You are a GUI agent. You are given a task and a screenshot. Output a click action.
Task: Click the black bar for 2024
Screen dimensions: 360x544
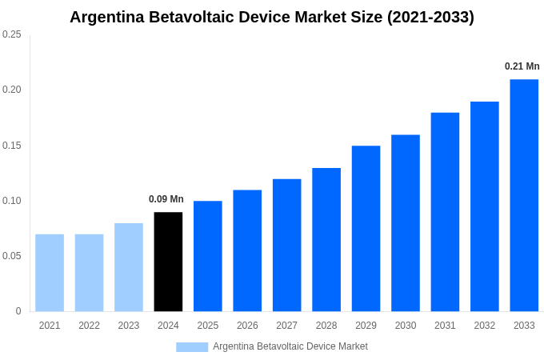pos(168,262)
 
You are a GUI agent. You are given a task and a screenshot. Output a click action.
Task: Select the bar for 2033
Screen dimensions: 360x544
pos(524,195)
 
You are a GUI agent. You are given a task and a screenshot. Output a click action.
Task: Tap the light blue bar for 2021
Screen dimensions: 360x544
pos(50,273)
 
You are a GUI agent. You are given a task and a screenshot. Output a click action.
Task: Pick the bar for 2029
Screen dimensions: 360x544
pos(366,229)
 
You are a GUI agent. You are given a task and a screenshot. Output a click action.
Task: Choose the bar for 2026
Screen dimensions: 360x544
pos(247,250)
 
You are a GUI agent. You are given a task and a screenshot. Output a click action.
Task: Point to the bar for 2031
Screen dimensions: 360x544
pos(445,212)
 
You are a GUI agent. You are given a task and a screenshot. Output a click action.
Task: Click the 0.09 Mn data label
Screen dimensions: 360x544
pos(166,199)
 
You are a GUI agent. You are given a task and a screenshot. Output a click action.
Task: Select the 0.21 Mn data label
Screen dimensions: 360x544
pos(522,66)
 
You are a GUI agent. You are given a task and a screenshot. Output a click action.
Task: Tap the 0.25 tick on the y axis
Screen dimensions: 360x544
pos(12,34)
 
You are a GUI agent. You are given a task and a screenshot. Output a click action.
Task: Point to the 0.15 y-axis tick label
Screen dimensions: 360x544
pos(12,146)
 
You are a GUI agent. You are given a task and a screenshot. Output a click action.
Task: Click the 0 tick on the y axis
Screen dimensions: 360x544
pos(18,311)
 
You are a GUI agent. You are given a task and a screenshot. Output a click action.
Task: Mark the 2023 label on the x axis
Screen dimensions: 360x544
pos(129,326)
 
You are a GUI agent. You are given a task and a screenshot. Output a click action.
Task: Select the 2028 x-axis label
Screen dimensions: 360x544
pos(326,326)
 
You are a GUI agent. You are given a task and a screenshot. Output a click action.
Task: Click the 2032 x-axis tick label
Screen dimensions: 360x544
pos(485,326)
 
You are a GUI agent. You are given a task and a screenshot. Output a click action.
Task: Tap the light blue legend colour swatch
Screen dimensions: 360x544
pos(192,346)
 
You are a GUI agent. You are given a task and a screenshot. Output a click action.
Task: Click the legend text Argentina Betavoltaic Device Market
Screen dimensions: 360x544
pos(290,346)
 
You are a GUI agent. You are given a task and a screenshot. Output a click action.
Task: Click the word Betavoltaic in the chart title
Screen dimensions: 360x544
pos(189,17)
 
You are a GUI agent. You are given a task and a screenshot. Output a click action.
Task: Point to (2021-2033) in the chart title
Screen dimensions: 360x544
pos(430,17)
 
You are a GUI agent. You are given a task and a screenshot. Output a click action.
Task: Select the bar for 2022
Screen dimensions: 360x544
pos(89,273)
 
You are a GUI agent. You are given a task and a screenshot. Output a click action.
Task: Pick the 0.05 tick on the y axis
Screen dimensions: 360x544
pos(12,256)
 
